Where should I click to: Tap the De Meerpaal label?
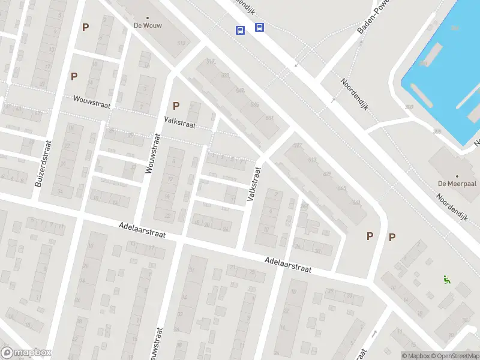[x=458, y=183]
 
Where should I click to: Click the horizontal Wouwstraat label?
[x=92, y=102]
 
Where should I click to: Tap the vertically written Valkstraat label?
[x=254, y=184]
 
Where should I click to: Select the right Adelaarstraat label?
[x=289, y=265]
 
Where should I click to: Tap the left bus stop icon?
[x=240, y=30]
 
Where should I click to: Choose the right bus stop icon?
[x=259, y=27]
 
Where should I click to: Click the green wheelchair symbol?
[x=447, y=279]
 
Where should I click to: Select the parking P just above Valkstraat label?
[x=176, y=106]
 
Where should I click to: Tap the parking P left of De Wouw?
[x=85, y=27]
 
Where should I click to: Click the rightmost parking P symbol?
[x=392, y=237]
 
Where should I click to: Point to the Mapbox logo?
[x=26, y=353]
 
